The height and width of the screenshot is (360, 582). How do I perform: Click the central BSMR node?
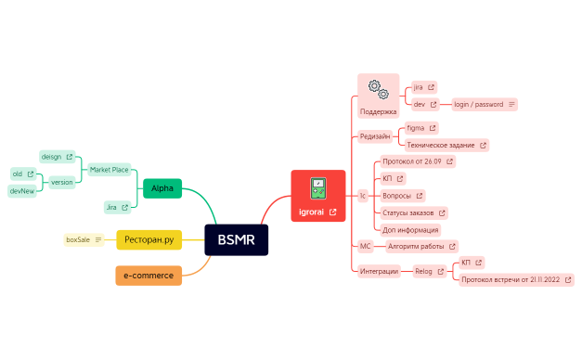click(236, 239)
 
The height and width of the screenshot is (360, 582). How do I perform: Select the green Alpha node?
click(162, 188)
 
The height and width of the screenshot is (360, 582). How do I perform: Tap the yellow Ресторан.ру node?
click(149, 239)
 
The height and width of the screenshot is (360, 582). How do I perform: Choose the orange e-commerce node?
click(149, 276)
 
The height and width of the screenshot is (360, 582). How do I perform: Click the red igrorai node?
click(317, 196)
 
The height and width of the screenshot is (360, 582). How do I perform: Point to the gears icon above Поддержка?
click(375, 89)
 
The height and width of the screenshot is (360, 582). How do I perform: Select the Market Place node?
click(110, 170)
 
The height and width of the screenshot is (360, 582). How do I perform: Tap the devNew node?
click(22, 190)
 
